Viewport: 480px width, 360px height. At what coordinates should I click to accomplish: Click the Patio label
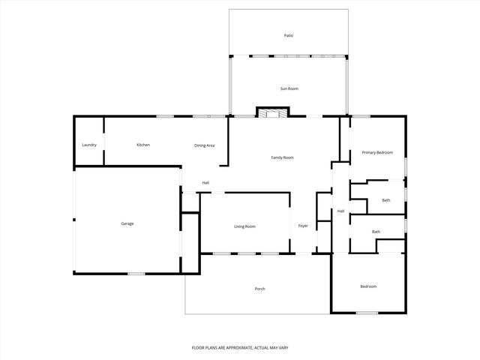click(x=289, y=35)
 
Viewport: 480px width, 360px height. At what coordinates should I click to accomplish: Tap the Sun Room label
click(x=289, y=88)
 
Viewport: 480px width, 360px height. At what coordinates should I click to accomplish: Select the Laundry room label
click(x=89, y=145)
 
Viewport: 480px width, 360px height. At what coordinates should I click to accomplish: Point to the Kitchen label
click(x=143, y=145)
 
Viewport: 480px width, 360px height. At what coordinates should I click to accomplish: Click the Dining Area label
click(x=205, y=145)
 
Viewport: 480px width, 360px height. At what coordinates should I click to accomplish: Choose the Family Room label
click(x=282, y=157)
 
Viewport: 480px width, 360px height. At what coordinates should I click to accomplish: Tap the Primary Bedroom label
click(x=377, y=152)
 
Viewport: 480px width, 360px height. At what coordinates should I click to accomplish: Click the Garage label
click(x=127, y=223)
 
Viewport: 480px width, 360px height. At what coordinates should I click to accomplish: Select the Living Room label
click(x=245, y=226)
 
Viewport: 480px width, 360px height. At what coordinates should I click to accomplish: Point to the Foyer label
click(x=303, y=226)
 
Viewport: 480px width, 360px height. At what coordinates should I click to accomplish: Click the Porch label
click(x=259, y=289)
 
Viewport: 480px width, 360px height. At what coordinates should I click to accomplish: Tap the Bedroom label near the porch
click(x=367, y=286)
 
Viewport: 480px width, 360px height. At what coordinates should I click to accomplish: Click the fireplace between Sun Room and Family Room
click(x=272, y=112)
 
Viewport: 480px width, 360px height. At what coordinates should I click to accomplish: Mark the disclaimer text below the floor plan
click(x=240, y=348)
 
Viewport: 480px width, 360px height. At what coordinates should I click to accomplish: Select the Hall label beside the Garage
click(x=205, y=182)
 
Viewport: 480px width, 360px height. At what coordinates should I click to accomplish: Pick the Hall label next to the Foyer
click(x=340, y=211)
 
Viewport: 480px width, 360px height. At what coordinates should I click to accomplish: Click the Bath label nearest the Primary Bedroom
click(x=385, y=200)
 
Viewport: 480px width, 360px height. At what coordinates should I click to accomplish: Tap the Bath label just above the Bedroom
click(x=376, y=232)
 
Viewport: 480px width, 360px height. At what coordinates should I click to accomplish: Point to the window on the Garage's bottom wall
click(x=136, y=274)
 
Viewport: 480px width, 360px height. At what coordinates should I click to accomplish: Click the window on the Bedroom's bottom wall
click(x=366, y=313)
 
